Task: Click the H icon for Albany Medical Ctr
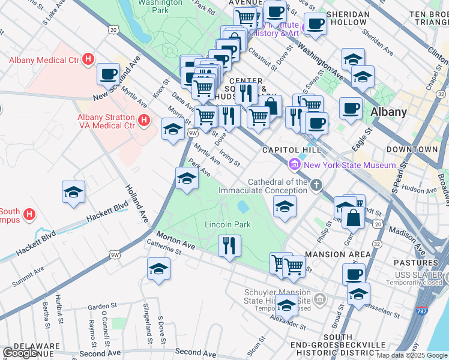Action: pyautogui.click(x=88, y=59)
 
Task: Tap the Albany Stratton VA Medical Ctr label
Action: pyautogui.click(x=105, y=121)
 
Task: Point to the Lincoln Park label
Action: pyautogui.click(x=228, y=225)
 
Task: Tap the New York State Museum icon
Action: pyautogui.click(x=295, y=164)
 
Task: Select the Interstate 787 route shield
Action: pyautogui.click(x=422, y=313)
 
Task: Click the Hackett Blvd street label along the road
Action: pyautogui.click(x=107, y=212)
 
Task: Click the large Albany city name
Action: pyautogui.click(x=388, y=112)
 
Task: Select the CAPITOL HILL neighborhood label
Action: pyautogui.click(x=292, y=151)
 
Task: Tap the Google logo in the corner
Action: pyautogui.click(x=20, y=353)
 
